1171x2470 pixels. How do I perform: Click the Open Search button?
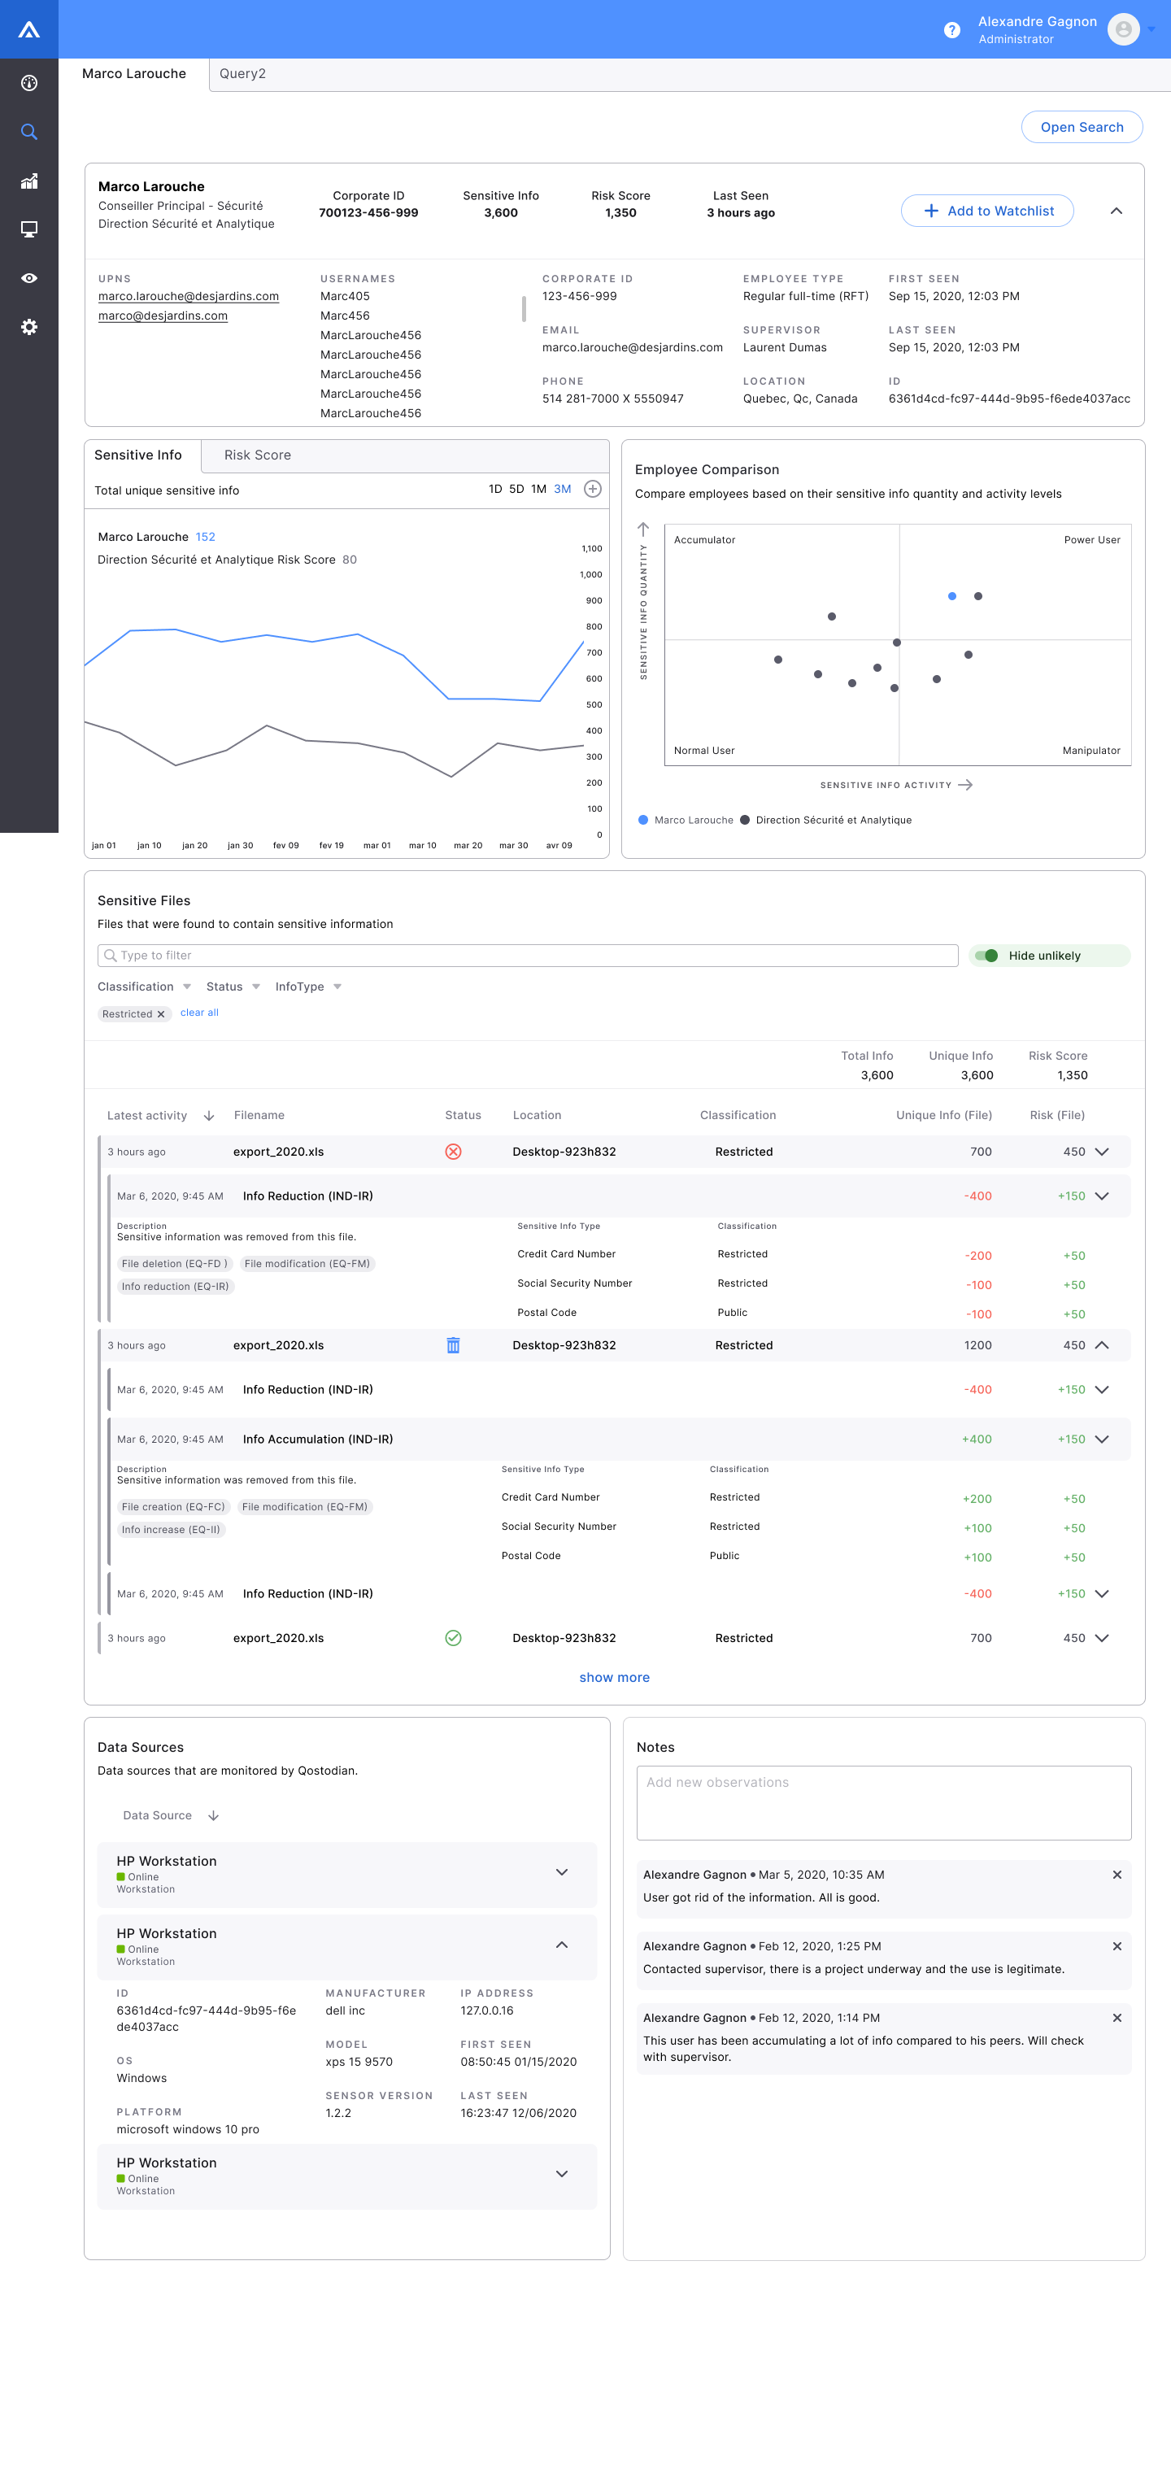[x=1081, y=128]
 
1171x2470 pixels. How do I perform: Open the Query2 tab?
[x=242, y=74]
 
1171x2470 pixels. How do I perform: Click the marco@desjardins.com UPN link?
[x=163, y=316]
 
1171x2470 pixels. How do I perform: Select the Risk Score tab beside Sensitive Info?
[x=257, y=455]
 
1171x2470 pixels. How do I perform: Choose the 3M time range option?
[x=562, y=490]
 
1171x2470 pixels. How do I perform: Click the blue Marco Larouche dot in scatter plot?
[x=951, y=596]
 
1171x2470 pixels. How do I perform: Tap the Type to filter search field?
[x=528, y=956]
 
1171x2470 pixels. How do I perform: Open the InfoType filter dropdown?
[x=308, y=987]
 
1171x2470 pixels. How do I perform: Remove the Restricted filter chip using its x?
[x=161, y=1014]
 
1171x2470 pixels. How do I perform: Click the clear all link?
[x=199, y=1013]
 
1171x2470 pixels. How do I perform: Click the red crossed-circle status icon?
[x=454, y=1152]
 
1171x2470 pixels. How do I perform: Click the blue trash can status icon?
[x=454, y=1345]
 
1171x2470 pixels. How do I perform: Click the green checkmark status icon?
[x=454, y=1638]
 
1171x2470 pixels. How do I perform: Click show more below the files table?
[x=614, y=1677]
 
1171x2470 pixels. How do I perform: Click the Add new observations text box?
[x=883, y=1802]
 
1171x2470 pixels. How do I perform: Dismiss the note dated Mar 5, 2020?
[x=1117, y=1875]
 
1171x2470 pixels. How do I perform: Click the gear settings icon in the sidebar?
[x=28, y=327]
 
